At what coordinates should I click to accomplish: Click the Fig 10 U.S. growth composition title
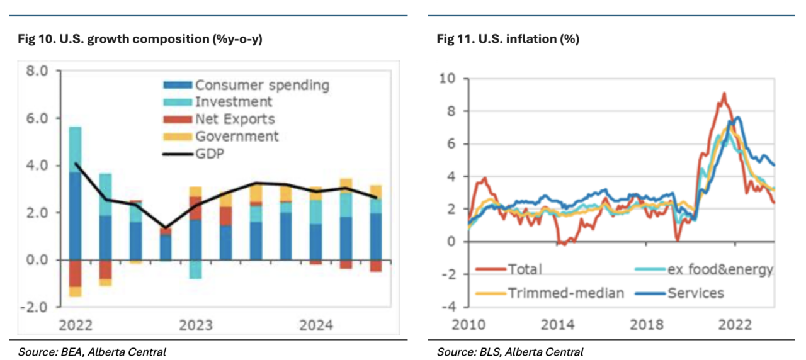(140, 39)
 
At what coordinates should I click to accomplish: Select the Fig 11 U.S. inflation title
(508, 39)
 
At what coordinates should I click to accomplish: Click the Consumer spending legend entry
(261, 85)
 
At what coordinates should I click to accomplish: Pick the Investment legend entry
(234, 102)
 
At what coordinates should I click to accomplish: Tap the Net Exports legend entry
(235, 119)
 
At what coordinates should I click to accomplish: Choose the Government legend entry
(237, 136)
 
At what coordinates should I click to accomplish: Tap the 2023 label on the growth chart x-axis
(196, 325)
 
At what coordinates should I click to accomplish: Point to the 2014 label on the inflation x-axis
(558, 325)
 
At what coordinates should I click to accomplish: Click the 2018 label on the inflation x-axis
(646, 325)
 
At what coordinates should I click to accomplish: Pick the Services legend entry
(695, 293)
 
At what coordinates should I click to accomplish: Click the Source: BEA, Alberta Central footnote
(92, 352)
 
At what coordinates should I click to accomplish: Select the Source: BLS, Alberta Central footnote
(510, 352)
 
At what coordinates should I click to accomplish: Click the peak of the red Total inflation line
(724, 93)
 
